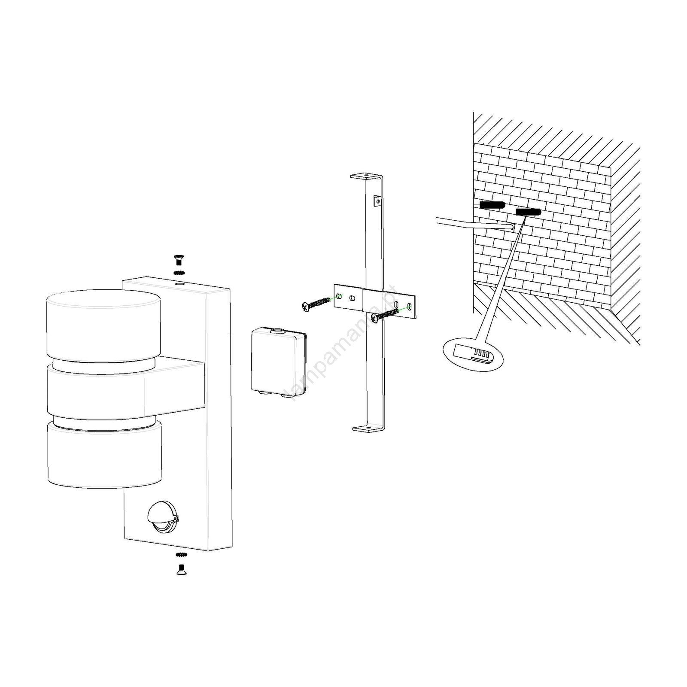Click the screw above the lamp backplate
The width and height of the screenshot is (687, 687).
click(x=178, y=260)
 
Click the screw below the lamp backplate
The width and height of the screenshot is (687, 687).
click(x=181, y=570)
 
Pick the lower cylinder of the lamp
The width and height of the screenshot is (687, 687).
click(x=105, y=456)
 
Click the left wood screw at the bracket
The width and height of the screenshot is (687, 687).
click(x=316, y=304)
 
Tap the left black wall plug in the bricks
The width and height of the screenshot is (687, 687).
click(x=492, y=205)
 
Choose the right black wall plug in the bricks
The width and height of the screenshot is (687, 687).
click(x=528, y=212)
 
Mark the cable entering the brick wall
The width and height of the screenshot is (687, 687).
click(x=472, y=223)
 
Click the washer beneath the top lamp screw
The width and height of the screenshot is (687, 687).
click(x=179, y=273)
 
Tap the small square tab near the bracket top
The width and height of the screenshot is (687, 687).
click(x=377, y=201)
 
